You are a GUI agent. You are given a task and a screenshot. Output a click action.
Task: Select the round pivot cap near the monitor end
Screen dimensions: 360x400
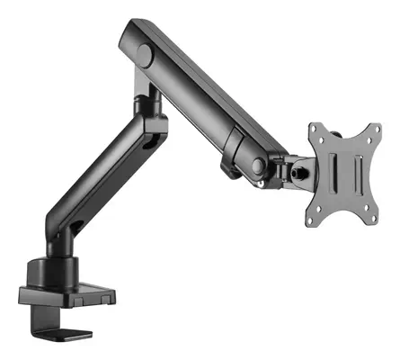pos(258,165)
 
